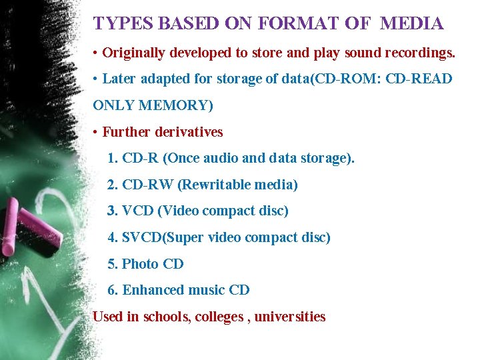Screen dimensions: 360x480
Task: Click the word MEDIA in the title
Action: (411, 24)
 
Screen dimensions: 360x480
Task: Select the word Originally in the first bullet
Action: (134, 52)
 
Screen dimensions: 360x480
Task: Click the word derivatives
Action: (188, 132)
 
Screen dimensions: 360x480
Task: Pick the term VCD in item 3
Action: (137, 211)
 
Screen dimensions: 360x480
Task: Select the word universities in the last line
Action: (290, 317)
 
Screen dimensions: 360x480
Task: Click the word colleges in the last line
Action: (219, 317)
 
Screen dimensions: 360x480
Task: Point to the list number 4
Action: (112, 237)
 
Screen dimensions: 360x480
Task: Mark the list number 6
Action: (112, 290)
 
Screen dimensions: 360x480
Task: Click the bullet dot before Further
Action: (97, 132)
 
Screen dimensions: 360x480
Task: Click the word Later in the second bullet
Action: (119, 79)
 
